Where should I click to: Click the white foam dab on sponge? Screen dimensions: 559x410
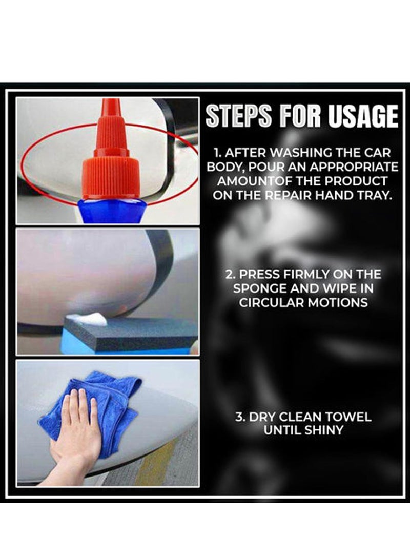(x=87, y=319)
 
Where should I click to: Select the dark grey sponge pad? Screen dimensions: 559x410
(x=133, y=333)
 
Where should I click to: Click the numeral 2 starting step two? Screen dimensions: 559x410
(x=229, y=274)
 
